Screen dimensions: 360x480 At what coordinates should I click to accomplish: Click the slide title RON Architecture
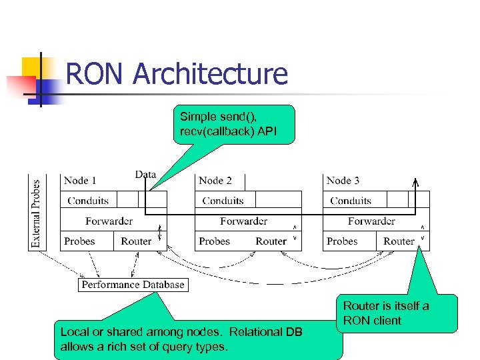coord(177,74)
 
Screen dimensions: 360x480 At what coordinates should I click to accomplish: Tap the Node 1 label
coord(80,180)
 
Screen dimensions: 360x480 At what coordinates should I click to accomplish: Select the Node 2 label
coord(215,180)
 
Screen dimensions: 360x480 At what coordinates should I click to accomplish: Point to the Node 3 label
coord(343,180)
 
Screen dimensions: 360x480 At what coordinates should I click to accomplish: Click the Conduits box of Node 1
coord(89,200)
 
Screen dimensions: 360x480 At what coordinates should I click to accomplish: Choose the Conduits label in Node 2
coord(223,200)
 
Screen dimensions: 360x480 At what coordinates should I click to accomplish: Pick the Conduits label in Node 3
coord(351,200)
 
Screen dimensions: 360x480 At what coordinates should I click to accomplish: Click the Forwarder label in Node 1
coord(109,221)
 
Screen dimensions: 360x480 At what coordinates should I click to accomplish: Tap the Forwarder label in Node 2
coord(243,221)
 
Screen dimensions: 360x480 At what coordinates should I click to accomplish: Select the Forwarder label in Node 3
coord(371,221)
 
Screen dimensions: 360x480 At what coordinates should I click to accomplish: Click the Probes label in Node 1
coord(79,241)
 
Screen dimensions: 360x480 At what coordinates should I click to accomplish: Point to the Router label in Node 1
coord(136,241)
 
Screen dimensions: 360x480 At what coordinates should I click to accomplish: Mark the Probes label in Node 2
coord(214,241)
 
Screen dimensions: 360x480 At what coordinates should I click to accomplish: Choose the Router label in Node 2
coord(271,241)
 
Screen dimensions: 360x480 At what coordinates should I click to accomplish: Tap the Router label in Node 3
coord(399,241)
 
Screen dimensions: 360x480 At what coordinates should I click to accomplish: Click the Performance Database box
coord(133,285)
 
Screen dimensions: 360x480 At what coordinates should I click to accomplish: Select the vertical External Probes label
coord(36,211)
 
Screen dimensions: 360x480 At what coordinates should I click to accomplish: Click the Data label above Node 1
coord(145,175)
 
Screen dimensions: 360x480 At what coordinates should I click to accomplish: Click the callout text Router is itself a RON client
coord(386,313)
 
